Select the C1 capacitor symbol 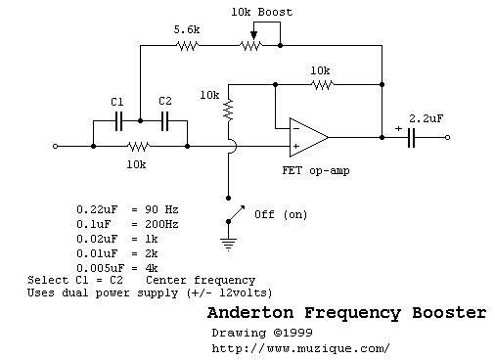[x=117, y=121]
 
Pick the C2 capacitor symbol [x=164, y=121]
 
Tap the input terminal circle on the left [x=55, y=147]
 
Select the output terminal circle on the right [x=449, y=138]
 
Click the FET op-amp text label [x=313, y=171]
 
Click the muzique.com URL [x=300, y=347]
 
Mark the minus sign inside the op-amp [x=294, y=128]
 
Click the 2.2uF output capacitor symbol [x=413, y=138]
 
